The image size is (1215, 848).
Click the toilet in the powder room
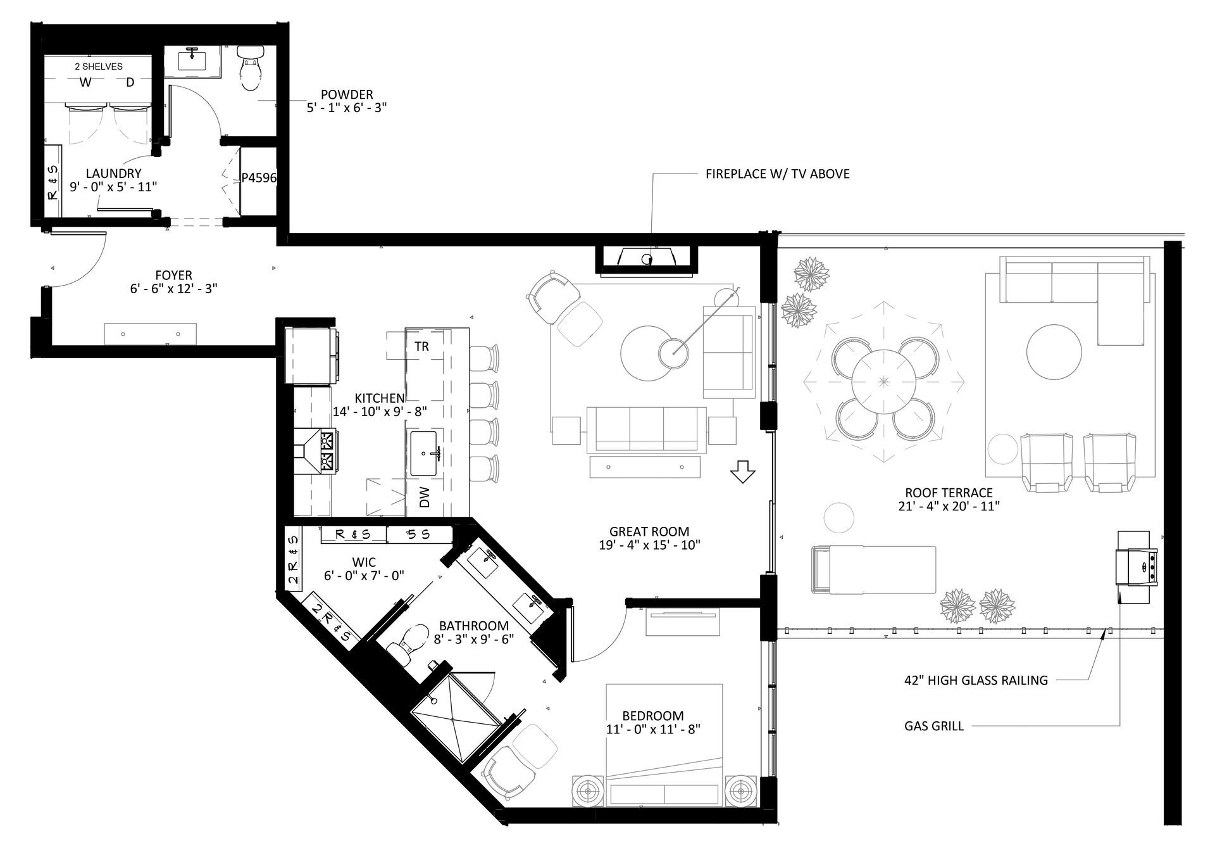250,68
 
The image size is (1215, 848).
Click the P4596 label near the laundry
259,178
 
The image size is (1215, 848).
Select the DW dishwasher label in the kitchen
425,497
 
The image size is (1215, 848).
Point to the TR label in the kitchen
422,346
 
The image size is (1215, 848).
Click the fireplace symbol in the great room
647,258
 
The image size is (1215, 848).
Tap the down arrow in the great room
742,472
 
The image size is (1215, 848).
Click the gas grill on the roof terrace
1137,567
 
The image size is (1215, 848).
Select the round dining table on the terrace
884,381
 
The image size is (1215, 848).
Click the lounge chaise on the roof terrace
873,569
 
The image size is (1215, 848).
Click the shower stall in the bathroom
454,719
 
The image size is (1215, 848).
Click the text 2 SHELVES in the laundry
99,66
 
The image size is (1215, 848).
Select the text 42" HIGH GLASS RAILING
976,681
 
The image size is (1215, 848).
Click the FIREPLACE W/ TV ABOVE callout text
777,174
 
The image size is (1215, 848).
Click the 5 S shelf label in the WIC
418,535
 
